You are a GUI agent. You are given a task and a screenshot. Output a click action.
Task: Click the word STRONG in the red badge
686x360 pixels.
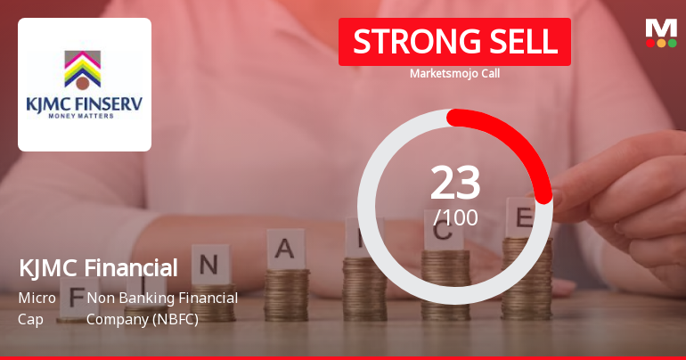(x=405, y=41)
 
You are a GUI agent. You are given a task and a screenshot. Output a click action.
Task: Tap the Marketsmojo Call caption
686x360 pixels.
(x=454, y=74)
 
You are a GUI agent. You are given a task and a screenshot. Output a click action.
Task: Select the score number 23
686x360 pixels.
(x=455, y=184)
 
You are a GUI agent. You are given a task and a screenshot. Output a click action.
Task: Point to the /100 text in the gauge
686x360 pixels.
(x=455, y=217)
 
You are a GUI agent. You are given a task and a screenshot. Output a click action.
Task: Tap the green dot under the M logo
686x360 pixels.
(x=673, y=43)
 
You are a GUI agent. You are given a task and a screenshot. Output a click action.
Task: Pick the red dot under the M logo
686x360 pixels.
(x=650, y=43)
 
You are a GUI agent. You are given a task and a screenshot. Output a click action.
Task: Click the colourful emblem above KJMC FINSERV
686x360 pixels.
(x=83, y=69)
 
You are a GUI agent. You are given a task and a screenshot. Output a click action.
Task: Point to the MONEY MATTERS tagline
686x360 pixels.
(x=84, y=117)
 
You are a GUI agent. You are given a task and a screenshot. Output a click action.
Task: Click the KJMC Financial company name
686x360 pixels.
(x=98, y=267)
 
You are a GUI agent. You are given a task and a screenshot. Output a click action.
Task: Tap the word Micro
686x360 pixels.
(x=37, y=298)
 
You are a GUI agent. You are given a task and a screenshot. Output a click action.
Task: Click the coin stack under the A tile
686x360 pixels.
(x=286, y=294)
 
